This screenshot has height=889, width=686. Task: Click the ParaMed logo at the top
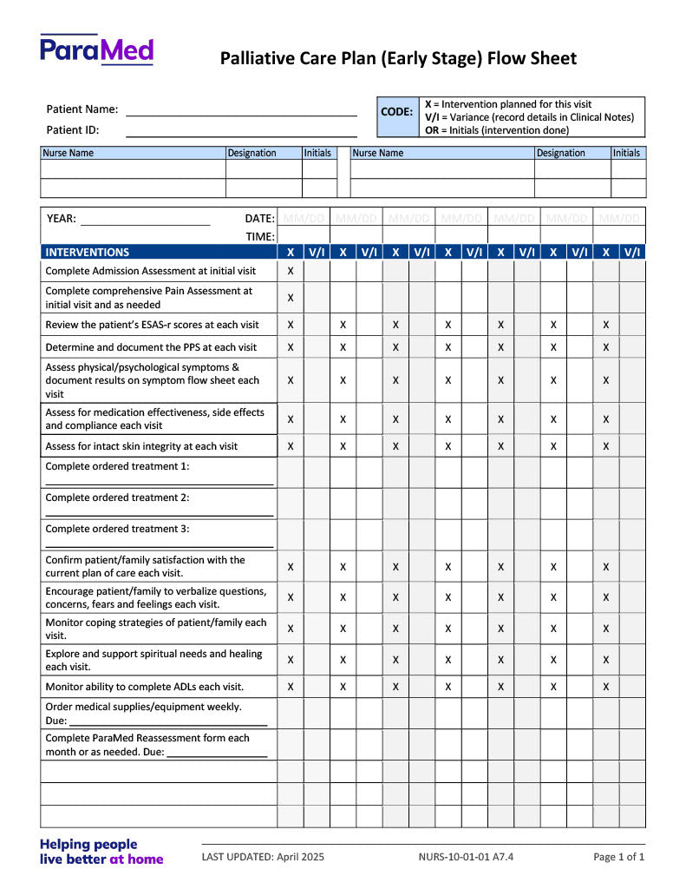pyautogui.click(x=96, y=49)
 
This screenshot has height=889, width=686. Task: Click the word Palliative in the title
pyautogui.click(x=254, y=59)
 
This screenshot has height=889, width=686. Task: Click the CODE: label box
pyautogui.click(x=397, y=112)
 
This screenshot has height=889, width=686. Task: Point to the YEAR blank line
pyautogui.click(x=145, y=222)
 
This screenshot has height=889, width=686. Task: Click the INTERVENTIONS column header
pyautogui.click(x=88, y=253)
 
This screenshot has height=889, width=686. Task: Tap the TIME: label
pyautogui.click(x=260, y=236)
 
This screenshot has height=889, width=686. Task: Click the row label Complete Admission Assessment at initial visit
pyautogui.click(x=151, y=271)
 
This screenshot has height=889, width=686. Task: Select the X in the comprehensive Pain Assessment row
pyautogui.click(x=291, y=298)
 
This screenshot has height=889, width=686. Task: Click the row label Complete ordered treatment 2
pyautogui.click(x=117, y=497)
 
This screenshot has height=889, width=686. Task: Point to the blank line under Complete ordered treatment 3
pyautogui.click(x=159, y=545)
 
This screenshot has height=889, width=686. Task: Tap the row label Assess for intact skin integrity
pyautogui.click(x=141, y=446)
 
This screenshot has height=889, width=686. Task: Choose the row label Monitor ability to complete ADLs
pyautogui.click(x=144, y=686)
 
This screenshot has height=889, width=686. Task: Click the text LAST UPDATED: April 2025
pyautogui.click(x=263, y=857)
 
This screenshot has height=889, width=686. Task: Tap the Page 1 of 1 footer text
pyautogui.click(x=619, y=857)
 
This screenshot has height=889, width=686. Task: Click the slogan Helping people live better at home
pyautogui.click(x=101, y=852)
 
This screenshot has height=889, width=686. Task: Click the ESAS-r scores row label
pyautogui.click(x=152, y=325)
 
